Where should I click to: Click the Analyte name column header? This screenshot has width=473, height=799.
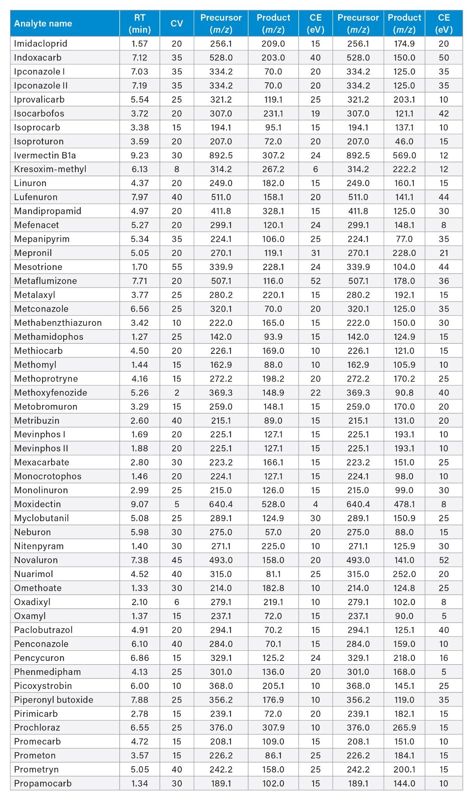(43, 23)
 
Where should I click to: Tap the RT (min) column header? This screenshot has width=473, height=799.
(140, 23)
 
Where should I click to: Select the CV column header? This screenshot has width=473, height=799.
(177, 23)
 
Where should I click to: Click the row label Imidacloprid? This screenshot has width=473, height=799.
(41, 44)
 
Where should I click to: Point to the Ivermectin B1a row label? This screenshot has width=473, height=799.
(45, 155)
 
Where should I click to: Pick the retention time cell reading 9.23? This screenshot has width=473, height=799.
(140, 155)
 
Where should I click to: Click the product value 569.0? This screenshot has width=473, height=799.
(404, 155)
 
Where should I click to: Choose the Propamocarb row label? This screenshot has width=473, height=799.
(43, 783)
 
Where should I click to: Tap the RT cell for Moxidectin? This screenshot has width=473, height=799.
(140, 504)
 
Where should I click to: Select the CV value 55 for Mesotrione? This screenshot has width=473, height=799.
(177, 267)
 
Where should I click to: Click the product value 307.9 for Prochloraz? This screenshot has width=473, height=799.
(273, 728)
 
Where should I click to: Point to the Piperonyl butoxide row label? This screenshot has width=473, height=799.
(53, 700)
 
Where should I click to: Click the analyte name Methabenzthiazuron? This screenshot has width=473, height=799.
(58, 323)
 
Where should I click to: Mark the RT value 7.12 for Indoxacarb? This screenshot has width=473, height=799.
(140, 58)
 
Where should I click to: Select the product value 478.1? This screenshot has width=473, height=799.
(404, 504)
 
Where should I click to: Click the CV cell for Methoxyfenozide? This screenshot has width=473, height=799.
(177, 392)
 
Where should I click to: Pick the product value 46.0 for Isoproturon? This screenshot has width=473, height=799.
(404, 141)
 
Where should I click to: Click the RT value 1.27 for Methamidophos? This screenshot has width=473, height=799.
(140, 337)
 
